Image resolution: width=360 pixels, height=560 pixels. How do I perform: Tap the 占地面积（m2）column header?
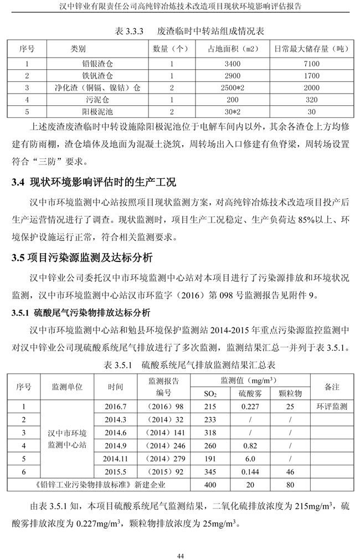[x=233, y=49]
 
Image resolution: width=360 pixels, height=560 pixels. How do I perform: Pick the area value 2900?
[x=233, y=75]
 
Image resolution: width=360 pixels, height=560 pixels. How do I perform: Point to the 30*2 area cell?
[x=233, y=111]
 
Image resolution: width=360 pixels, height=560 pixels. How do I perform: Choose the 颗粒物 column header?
[x=290, y=394]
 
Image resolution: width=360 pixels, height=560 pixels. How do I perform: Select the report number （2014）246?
[x=163, y=445]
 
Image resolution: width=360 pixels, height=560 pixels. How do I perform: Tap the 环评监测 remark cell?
[x=332, y=407]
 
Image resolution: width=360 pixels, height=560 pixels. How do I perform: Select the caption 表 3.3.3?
[x=129, y=32]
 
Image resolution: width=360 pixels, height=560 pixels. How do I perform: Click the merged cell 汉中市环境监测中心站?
[x=67, y=439]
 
